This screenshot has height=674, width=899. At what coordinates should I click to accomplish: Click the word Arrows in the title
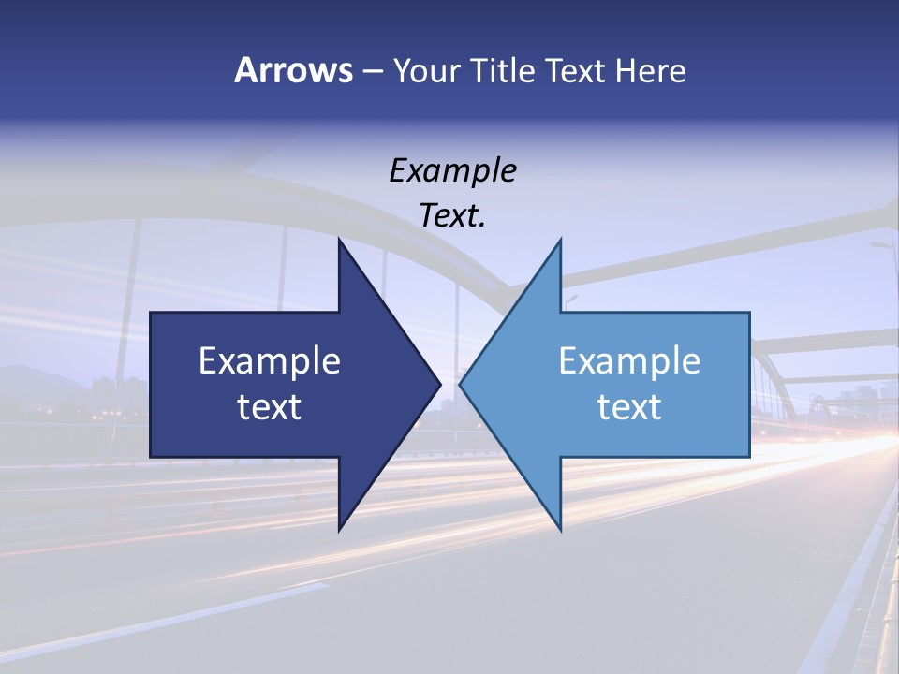(x=293, y=70)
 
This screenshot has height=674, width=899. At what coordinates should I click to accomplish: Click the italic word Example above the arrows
(x=452, y=170)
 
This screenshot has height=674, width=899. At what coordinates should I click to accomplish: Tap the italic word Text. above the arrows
(x=452, y=216)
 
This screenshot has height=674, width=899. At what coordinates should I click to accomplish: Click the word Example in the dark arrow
(x=270, y=360)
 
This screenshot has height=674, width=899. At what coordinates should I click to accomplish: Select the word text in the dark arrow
(x=270, y=407)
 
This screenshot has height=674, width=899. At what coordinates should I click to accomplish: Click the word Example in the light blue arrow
(x=629, y=360)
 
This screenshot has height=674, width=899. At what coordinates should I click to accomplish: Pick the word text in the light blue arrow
(x=629, y=407)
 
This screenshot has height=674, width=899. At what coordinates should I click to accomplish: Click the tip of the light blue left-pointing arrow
(x=462, y=384)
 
